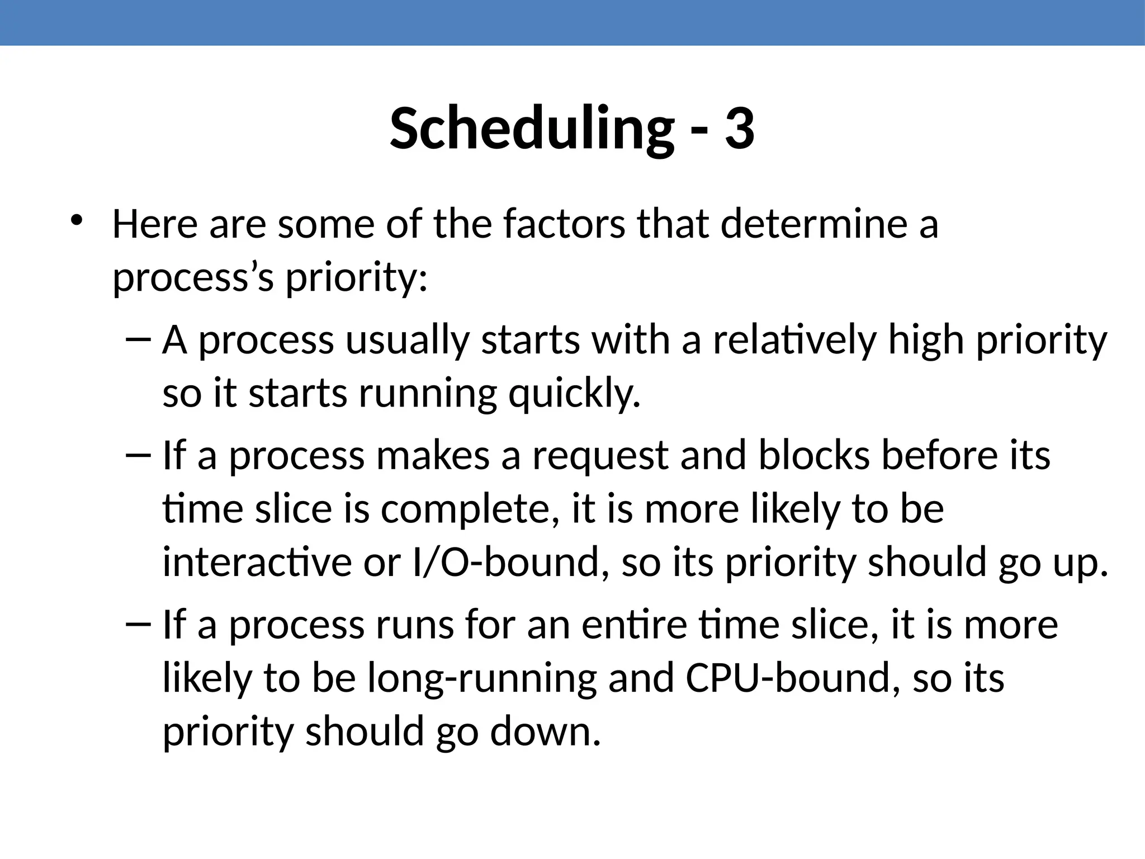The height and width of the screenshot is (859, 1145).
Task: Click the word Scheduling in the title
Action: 531,130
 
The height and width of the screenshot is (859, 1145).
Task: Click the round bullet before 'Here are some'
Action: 77,219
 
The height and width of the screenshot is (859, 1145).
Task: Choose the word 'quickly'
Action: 574,394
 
